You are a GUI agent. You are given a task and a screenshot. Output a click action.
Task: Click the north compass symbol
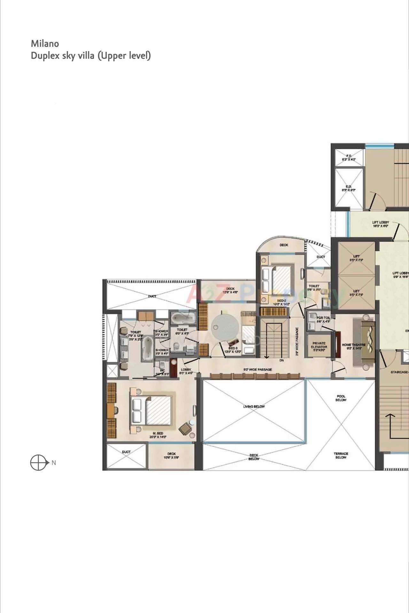coord(38,462)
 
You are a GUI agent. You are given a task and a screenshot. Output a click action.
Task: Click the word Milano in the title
coord(45,43)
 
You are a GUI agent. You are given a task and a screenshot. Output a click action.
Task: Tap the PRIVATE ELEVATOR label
coord(319,345)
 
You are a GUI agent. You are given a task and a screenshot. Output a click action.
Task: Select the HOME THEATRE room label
coord(353,345)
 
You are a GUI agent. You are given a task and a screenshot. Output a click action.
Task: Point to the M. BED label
coord(158,433)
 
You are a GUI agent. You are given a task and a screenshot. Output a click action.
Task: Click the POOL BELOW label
coord(341,398)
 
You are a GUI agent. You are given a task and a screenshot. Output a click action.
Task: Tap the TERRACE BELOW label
coord(341,455)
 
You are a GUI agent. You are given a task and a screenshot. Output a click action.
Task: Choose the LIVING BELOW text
coord(254,406)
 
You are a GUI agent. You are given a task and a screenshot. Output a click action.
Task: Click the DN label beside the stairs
coord(282,360)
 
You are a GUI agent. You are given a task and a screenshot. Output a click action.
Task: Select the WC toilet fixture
coord(162,365)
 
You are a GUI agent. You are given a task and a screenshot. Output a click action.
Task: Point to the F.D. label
coord(349,156)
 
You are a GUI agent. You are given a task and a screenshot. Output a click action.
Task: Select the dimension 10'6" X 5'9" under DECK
coord(172,457)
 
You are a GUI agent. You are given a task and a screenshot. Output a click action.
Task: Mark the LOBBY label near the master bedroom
coord(186,369)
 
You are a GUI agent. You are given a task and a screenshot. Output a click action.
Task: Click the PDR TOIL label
coord(323,318)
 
